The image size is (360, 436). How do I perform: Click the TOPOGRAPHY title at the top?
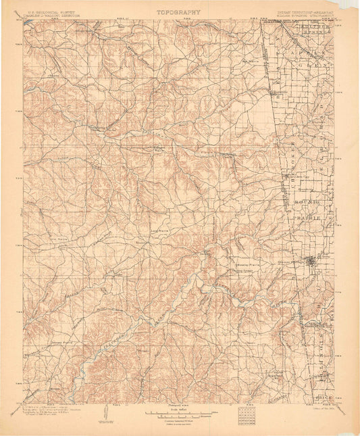coord(179,11)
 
